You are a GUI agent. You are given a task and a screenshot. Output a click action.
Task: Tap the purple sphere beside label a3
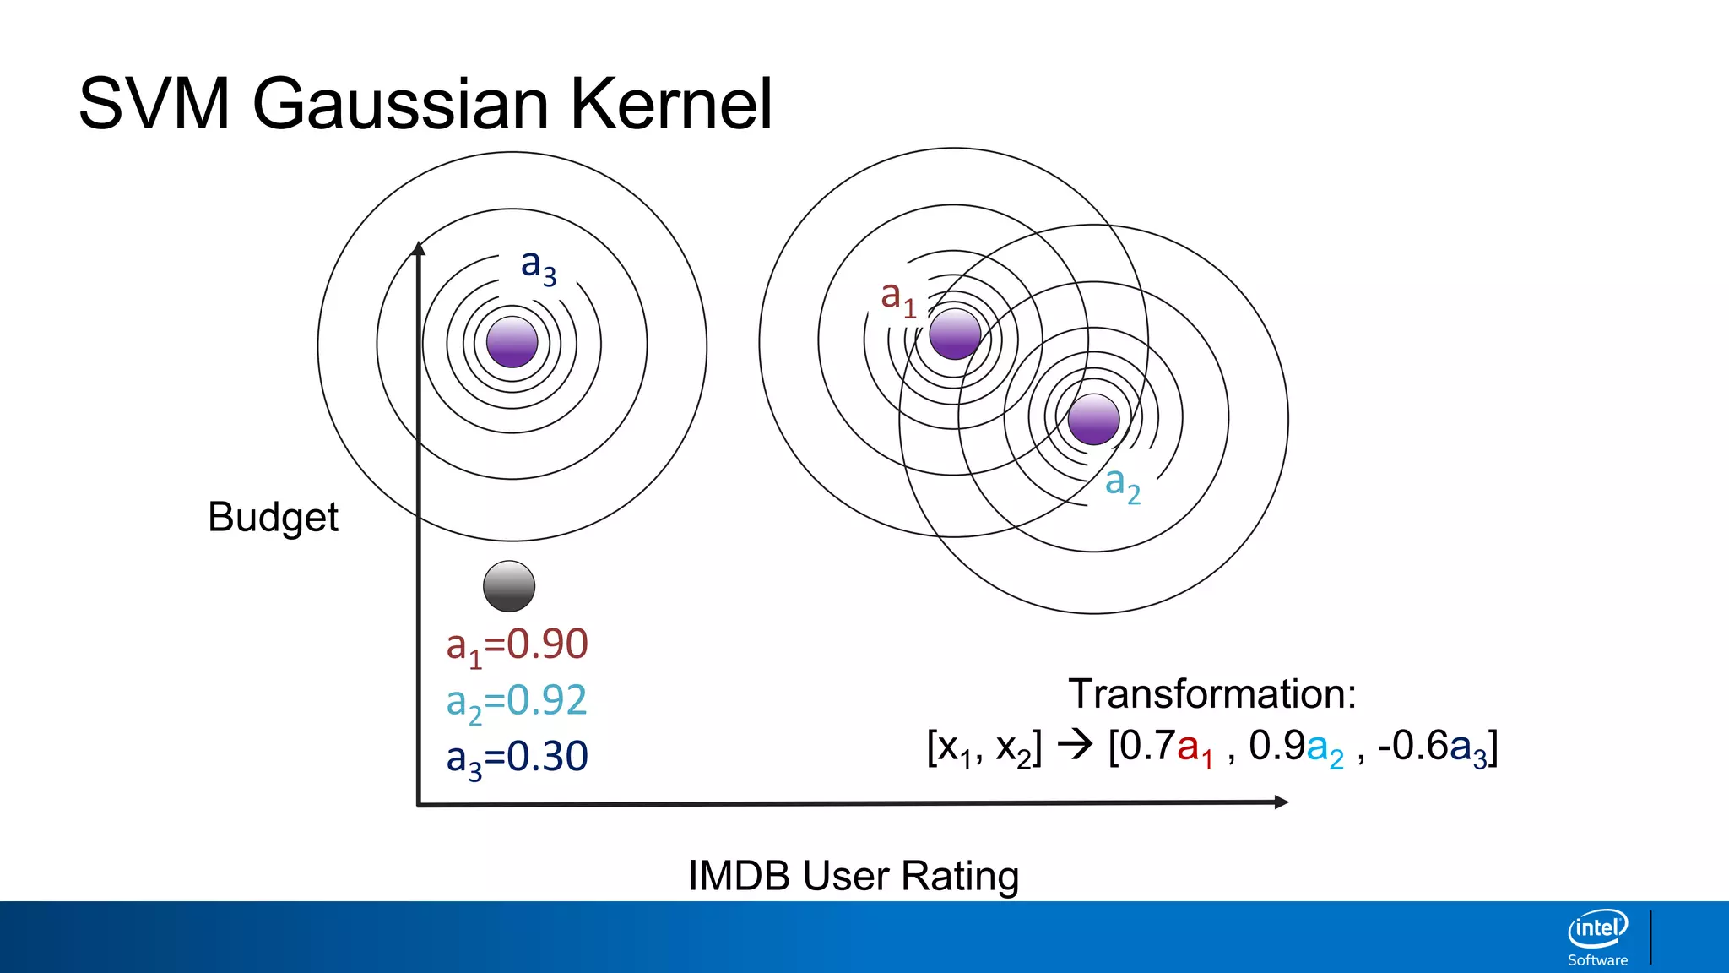click(x=512, y=342)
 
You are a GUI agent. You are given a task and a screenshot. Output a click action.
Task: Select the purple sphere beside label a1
click(x=955, y=334)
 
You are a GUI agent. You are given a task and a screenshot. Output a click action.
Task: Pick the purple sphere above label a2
click(x=1093, y=419)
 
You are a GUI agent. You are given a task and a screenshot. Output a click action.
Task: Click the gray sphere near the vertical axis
click(x=509, y=586)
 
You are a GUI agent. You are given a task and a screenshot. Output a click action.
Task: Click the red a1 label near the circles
click(x=897, y=297)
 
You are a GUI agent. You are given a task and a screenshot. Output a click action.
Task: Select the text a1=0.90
click(x=517, y=645)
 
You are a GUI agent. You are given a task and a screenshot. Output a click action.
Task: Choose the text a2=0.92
click(x=517, y=702)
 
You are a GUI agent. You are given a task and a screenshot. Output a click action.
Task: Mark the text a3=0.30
click(x=517, y=758)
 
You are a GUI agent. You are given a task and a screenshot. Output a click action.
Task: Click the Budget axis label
click(x=273, y=517)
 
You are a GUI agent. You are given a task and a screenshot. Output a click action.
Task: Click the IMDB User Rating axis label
click(x=854, y=876)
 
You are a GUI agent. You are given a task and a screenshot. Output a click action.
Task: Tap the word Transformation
click(x=1211, y=694)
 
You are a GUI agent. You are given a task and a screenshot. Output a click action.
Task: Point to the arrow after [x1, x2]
click(x=1075, y=745)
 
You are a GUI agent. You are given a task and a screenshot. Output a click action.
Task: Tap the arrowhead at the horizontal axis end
click(x=1281, y=802)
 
